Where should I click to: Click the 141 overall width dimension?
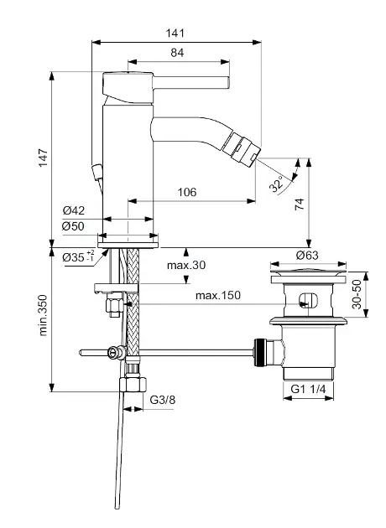click(175, 33)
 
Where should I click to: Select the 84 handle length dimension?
click(177, 53)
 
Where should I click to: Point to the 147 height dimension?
click(43, 158)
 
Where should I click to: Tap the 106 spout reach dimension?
click(187, 192)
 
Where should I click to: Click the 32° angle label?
click(277, 184)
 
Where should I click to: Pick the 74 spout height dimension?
click(300, 204)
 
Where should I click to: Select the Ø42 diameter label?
click(74, 210)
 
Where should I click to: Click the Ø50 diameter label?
click(73, 226)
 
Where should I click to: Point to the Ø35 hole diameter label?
click(78, 257)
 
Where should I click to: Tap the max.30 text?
click(186, 265)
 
